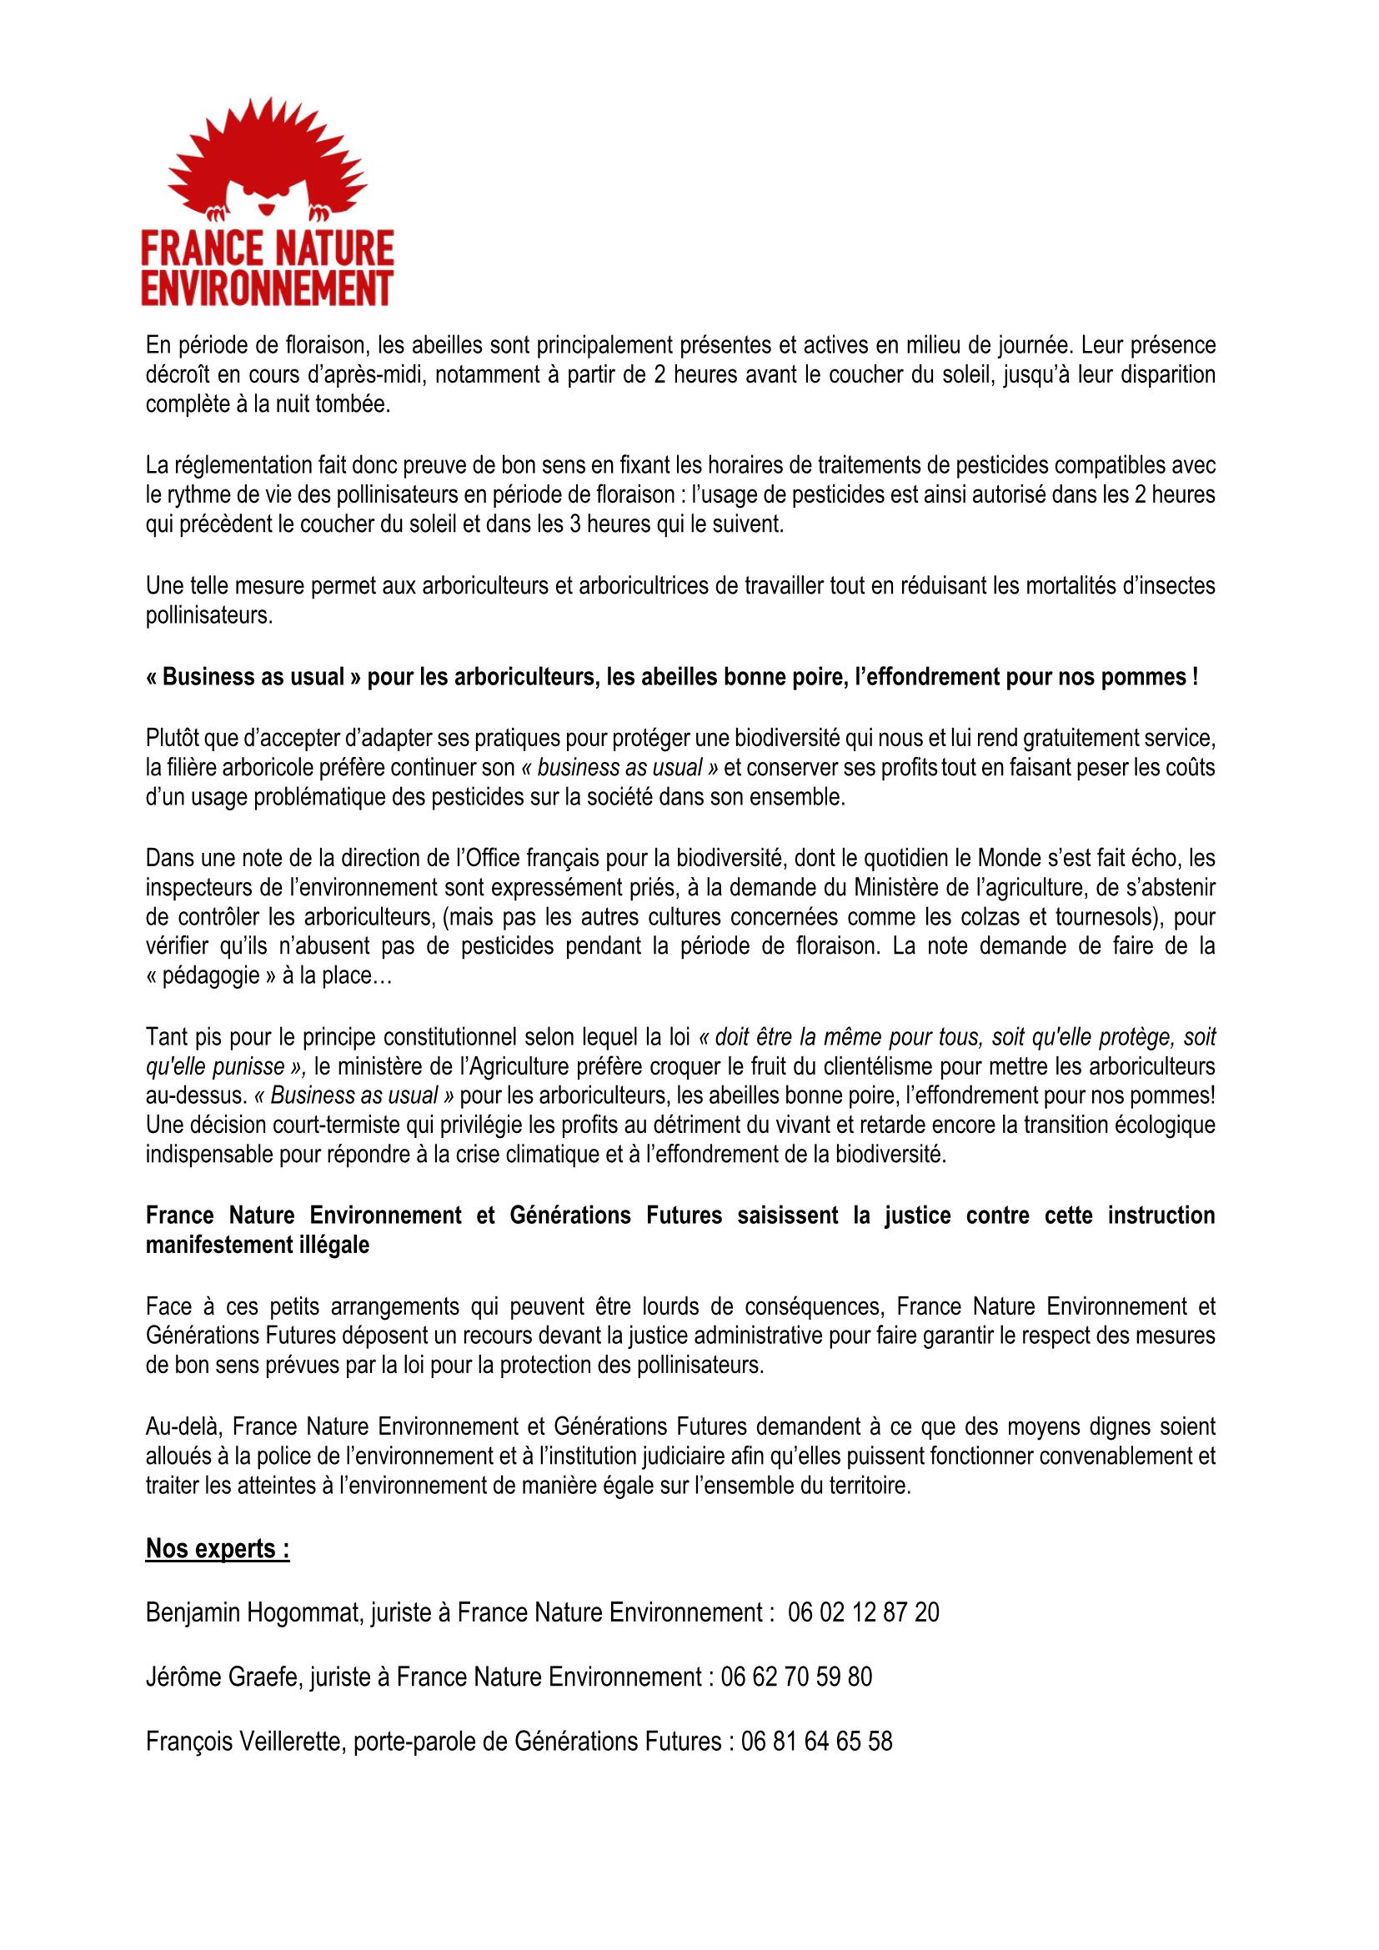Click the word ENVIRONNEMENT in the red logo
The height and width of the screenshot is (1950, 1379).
267,286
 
